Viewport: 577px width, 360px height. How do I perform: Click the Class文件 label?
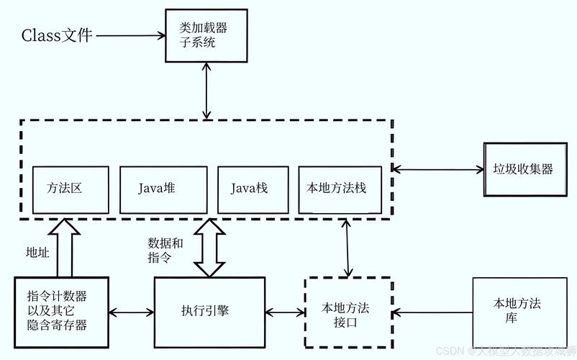point(57,35)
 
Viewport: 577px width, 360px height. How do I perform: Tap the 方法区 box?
point(70,189)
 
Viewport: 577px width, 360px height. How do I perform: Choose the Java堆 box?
point(163,189)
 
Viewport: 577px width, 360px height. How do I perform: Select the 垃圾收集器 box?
point(523,169)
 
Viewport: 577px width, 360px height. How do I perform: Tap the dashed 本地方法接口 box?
point(348,313)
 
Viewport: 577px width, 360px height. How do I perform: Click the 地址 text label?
point(37,252)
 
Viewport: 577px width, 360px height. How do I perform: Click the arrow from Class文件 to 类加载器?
point(130,35)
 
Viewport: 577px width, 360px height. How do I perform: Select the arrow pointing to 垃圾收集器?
point(439,170)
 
